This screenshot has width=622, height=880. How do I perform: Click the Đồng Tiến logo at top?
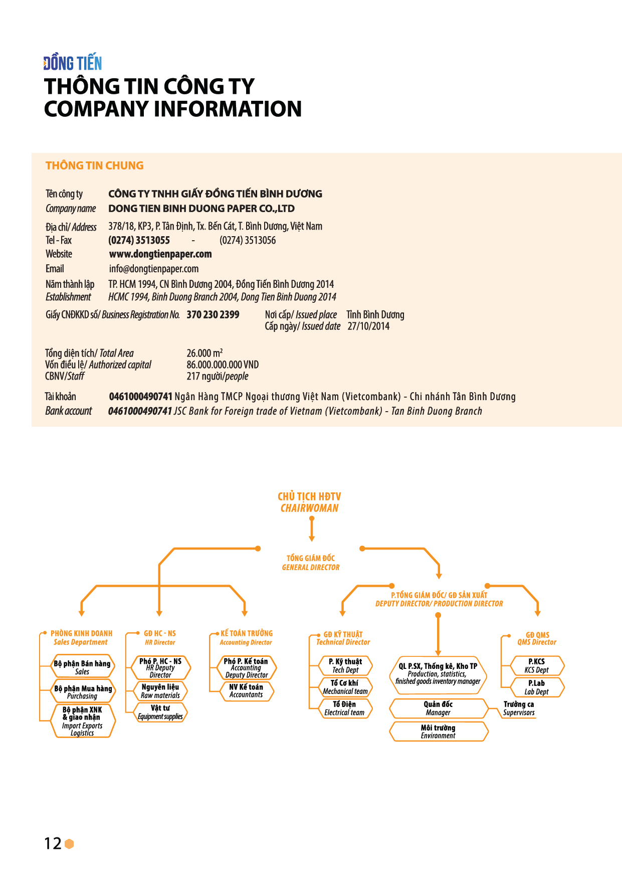point(73,63)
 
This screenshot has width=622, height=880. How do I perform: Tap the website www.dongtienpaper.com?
point(160,254)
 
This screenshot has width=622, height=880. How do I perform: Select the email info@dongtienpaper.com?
point(154,269)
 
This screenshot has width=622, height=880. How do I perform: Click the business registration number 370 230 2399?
point(213,315)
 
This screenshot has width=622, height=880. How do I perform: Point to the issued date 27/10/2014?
point(368,326)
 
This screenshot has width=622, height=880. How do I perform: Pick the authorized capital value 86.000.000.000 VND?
point(223,365)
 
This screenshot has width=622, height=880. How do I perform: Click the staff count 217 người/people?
point(218,377)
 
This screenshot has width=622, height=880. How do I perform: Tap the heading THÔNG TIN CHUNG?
point(94,165)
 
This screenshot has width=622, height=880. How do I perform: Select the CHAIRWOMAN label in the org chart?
point(310,508)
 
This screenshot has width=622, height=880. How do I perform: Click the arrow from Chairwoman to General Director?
point(312,529)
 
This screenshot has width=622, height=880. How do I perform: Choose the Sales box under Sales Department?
point(83,667)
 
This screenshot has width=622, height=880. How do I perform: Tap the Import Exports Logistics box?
point(83,721)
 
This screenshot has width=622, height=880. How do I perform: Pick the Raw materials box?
point(160,691)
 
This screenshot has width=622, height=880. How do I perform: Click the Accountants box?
point(246,691)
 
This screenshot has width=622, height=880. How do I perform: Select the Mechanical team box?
point(345,687)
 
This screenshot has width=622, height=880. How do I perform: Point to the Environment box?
point(439,732)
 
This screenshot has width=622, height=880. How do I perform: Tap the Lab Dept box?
point(537,687)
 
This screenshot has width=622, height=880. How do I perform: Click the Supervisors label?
point(519,709)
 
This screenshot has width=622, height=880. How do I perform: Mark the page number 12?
point(53,843)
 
